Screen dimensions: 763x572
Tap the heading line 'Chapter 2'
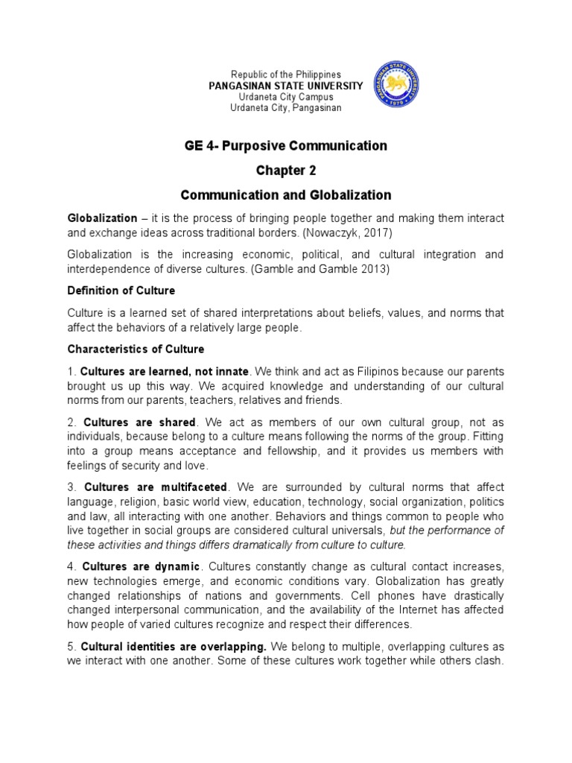[286, 171]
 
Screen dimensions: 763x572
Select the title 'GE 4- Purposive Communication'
[286, 146]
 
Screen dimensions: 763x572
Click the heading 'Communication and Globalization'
[286, 195]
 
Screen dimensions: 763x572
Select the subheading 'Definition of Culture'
[121, 290]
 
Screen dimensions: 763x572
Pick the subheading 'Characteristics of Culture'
[136, 349]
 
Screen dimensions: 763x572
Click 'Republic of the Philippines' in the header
[286, 75]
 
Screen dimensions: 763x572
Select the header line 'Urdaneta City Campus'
[286, 97]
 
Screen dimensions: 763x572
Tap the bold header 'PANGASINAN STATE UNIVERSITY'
[286, 86]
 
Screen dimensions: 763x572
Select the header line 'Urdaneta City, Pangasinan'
[286, 108]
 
